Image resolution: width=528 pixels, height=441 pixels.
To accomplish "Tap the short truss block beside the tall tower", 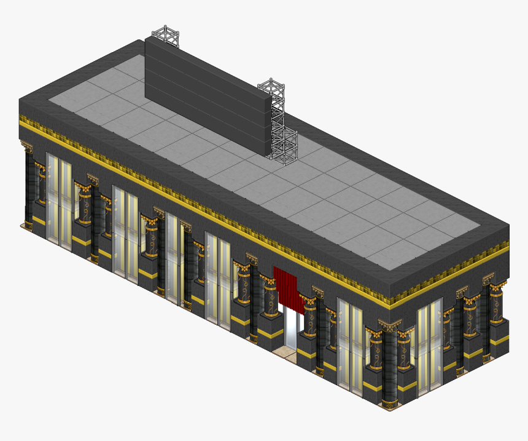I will tap(286, 148).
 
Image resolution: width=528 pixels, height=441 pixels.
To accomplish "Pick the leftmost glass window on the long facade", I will tap(59, 203).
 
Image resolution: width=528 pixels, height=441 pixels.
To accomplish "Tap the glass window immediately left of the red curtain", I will tap(218, 280).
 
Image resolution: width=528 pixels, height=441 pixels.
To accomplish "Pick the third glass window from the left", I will tap(172, 258).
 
